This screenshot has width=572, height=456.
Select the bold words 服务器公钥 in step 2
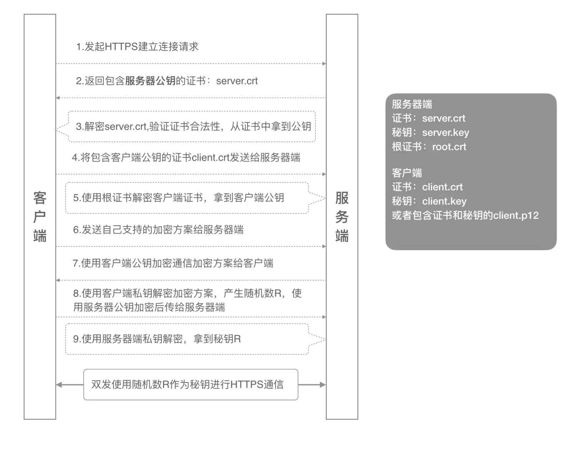point(150,81)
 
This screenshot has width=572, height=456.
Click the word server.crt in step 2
point(237,81)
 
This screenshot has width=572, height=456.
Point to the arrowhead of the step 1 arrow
point(324,64)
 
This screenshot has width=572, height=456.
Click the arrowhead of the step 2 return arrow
point(58,98)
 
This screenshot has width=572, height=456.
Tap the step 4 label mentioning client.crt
point(186,157)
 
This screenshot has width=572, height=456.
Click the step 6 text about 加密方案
point(158,230)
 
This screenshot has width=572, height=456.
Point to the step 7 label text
point(173,263)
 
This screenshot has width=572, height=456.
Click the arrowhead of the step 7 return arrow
point(58,280)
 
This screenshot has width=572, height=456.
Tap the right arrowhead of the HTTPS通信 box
point(323,384)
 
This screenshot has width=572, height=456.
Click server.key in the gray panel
point(445,132)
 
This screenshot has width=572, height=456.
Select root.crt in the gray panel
point(449,146)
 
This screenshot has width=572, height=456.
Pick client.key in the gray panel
point(444,201)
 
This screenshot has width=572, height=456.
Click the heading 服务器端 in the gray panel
point(412,104)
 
